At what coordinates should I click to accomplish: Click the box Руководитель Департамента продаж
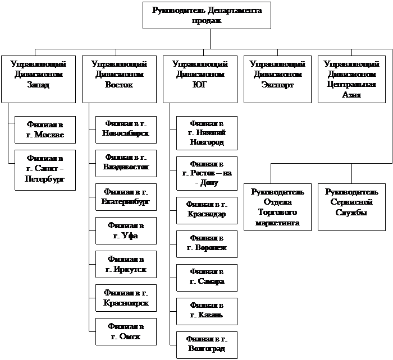[207, 15]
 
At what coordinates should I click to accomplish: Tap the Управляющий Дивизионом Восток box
[119, 79]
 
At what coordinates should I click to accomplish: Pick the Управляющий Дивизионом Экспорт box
[277, 79]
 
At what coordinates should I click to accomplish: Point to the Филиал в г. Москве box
[45, 130]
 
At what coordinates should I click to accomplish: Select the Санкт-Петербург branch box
[45, 169]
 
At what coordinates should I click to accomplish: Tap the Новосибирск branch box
[126, 130]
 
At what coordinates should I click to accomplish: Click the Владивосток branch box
[126, 163]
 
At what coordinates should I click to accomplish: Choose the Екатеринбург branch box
[126, 196]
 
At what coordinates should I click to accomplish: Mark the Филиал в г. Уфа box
[126, 230]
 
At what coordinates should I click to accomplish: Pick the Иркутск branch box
[126, 265]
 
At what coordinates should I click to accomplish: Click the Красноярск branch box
[126, 298]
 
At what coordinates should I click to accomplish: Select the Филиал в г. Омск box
[126, 332]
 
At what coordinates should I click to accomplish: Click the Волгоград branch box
[207, 344]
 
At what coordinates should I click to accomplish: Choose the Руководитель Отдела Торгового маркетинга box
[277, 207]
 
